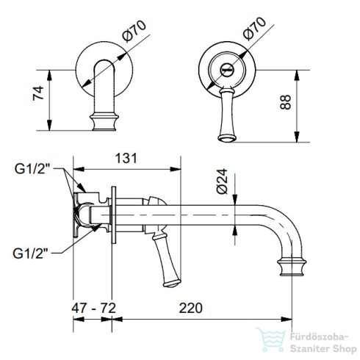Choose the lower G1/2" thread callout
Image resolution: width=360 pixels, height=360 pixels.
click(34, 253)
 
